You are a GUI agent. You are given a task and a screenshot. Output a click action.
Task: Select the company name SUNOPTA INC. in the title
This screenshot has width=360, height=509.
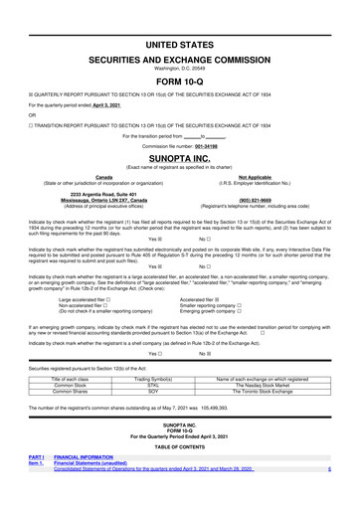(x=180, y=158)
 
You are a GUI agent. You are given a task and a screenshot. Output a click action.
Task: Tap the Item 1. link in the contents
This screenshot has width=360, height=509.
(x=37, y=462)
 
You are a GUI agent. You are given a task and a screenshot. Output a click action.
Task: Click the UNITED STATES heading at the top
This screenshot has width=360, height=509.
(x=180, y=46)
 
